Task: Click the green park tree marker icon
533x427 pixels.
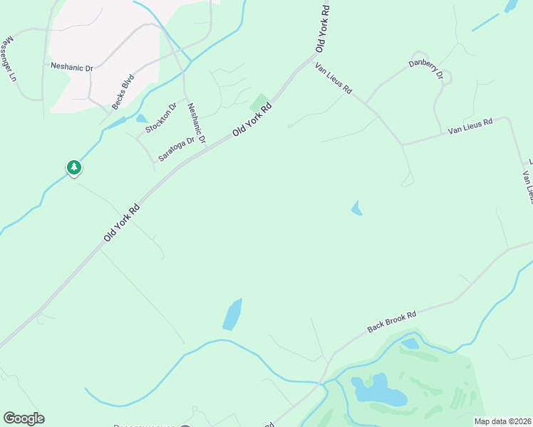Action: pyautogui.click(x=73, y=168)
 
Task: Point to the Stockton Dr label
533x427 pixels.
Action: pyautogui.click(x=160, y=118)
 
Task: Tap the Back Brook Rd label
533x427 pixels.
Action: pyautogui.click(x=391, y=321)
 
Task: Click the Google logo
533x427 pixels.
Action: pyautogui.click(x=24, y=418)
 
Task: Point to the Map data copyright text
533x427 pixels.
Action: pyautogui.click(x=503, y=421)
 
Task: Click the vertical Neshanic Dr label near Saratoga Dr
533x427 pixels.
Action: pyautogui.click(x=196, y=123)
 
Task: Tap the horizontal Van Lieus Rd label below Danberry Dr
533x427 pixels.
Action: pyautogui.click(x=470, y=127)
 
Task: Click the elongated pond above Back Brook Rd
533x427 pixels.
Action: pyautogui.click(x=232, y=314)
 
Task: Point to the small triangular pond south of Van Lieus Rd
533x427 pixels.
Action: pyautogui.click(x=356, y=208)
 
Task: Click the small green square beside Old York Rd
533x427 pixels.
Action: pyautogui.click(x=259, y=102)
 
